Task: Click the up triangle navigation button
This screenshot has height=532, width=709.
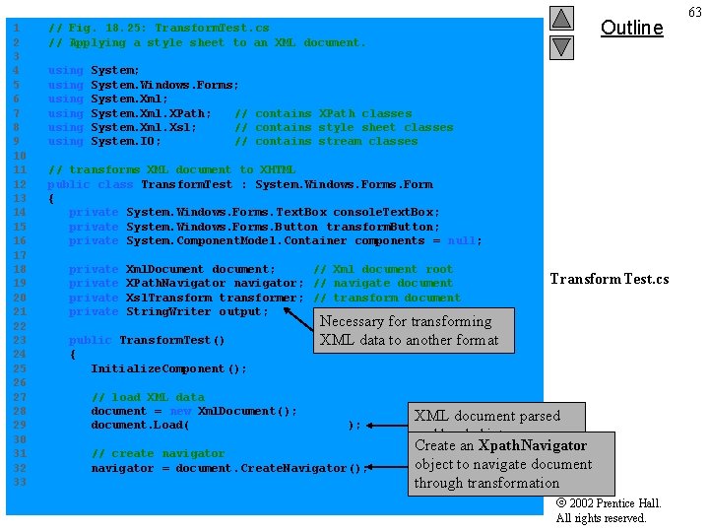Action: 560,18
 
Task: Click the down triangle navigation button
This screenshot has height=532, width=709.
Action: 560,46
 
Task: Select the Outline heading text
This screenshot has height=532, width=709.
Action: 631,28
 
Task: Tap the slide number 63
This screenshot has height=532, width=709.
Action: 695,11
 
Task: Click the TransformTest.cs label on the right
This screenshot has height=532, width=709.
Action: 609,279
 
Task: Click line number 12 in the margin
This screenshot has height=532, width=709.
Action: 17,184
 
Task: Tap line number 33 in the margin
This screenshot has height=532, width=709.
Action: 17,482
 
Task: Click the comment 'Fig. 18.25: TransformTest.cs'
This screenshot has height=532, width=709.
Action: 159,28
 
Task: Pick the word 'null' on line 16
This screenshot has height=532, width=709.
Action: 464,241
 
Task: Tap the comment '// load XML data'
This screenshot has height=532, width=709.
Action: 148,397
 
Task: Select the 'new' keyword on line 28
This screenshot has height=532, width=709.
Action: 180,411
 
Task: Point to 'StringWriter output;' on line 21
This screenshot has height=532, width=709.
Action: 197,312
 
